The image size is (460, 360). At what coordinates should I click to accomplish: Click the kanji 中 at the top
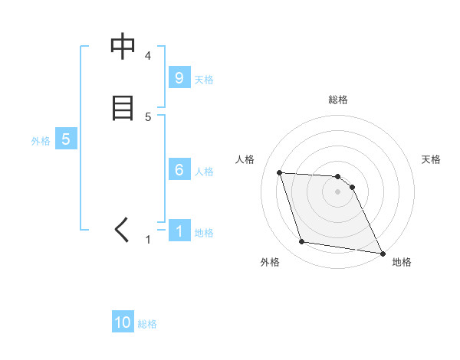click(x=123, y=47)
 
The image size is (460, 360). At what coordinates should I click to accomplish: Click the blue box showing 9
click(x=179, y=77)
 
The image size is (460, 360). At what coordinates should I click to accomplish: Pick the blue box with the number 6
click(x=179, y=170)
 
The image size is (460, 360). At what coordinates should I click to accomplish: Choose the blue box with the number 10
click(x=122, y=322)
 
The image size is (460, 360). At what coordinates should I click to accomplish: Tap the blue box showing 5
click(x=66, y=139)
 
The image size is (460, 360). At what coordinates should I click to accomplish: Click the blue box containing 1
click(x=179, y=231)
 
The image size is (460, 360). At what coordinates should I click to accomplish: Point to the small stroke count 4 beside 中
click(x=148, y=56)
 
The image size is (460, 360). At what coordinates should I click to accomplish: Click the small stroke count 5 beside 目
click(x=148, y=117)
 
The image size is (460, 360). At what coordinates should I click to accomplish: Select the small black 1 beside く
click(x=148, y=240)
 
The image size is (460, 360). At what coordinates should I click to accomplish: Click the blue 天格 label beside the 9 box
click(x=203, y=80)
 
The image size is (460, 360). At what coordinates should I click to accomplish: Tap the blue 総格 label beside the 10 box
click(x=147, y=325)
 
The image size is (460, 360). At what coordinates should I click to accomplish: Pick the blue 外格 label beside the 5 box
click(x=41, y=142)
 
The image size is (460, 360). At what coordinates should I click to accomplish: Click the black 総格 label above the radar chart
click(x=337, y=100)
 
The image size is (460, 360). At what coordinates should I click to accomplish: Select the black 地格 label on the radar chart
click(x=402, y=262)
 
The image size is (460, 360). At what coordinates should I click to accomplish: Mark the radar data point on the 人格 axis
click(x=280, y=172)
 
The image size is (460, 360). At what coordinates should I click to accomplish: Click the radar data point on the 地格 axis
click(x=382, y=253)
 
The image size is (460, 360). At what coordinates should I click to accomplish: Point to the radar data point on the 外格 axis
click(x=302, y=242)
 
